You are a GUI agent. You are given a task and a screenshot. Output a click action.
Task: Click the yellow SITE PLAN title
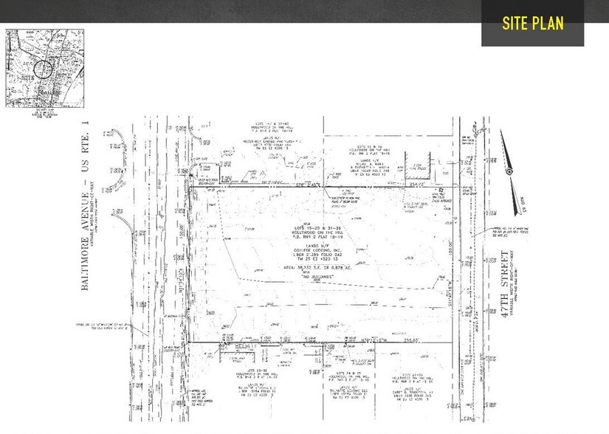[x=532, y=23]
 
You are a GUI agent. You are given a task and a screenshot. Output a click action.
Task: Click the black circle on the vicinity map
[x=44, y=70]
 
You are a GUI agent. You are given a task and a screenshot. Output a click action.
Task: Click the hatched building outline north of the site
[x=416, y=169]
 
